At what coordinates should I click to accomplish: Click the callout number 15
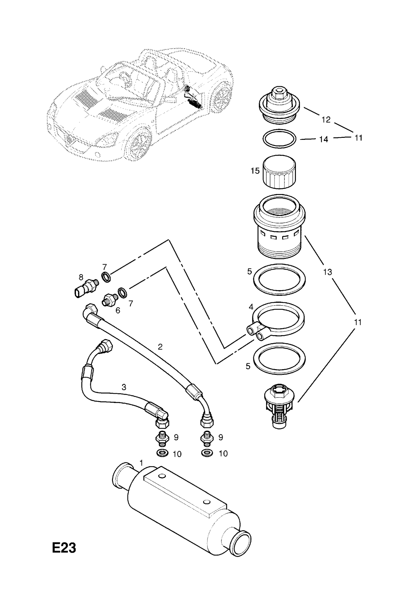pyautogui.click(x=255, y=171)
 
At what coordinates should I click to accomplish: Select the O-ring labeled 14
pyautogui.click(x=279, y=139)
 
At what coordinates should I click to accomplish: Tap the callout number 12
pyautogui.click(x=326, y=119)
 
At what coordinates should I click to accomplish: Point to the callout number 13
pyautogui.click(x=328, y=272)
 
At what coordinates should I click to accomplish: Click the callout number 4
pyautogui.click(x=251, y=307)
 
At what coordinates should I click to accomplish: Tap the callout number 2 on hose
pyautogui.click(x=160, y=347)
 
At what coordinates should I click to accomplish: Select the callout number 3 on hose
pyautogui.click(x=124, y=387)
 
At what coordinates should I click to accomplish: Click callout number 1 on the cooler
pyautogui.click(x=141, y=463)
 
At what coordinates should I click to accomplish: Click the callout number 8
pyautogui.click(x=81, y=277)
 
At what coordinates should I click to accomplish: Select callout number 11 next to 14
pyautogui.click(x=358, y=138)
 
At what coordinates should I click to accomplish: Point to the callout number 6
pyautogui.click(x=118, y=310)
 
